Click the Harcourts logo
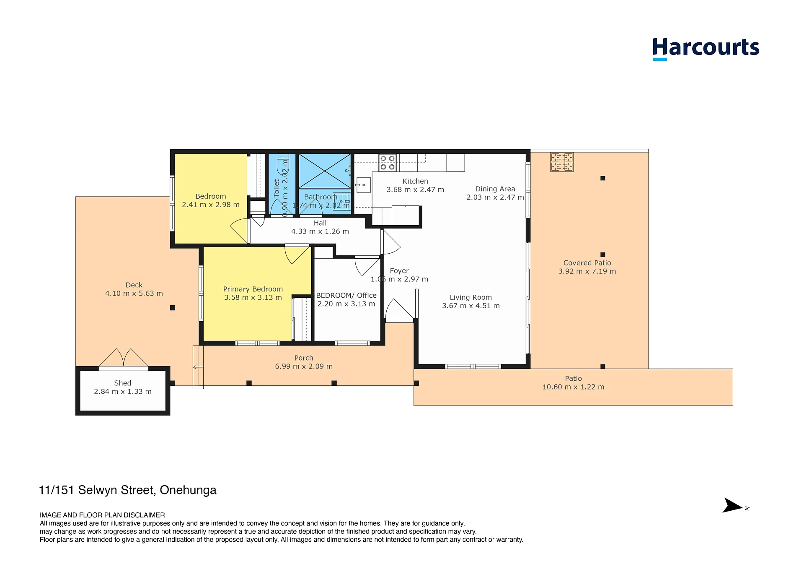(706, 48)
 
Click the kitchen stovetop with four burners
(388, 163)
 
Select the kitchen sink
(363, 185)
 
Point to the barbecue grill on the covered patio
(562, 162)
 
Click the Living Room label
(471, 297)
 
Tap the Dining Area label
(495, 189)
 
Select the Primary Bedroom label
(253, 289)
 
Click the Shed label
(123, 383)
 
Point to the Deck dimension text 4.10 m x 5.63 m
(134, 294)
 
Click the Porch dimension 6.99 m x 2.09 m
(304, 366)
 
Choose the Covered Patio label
(587, 263)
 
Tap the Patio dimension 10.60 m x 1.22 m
(574, 387)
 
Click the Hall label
(320, 223)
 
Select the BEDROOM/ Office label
(346, 295)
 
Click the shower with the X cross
(325, 171)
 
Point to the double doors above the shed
(124, 359)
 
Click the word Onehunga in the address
(188, 490)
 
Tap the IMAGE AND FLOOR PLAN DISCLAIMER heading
(102, 515)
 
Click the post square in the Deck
(173, 308)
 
